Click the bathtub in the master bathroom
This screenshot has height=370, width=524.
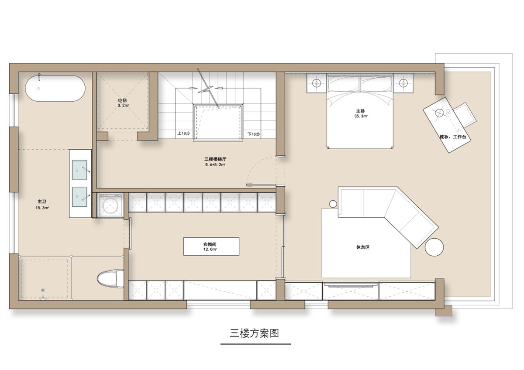[x=55, y=88]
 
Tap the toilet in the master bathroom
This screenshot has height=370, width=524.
[x=110, y=279]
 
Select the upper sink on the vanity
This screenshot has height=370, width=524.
[x=79, y=170]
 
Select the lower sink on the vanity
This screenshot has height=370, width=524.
[x=79, y=197]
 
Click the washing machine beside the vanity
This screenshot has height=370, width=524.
[x=110, y=206]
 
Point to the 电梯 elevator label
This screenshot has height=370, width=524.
[x=122, y=100]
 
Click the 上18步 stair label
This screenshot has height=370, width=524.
[x=184, y=133]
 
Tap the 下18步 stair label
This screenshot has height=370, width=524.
[x=254, y=134]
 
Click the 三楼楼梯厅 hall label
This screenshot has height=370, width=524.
[x=215, y=159]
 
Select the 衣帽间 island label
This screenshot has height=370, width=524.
[x=210, y=244]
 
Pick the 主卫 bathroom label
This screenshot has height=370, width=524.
[x=42, y=202]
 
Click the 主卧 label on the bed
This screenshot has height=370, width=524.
[x=361, y=111]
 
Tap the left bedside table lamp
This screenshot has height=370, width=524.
[x=317, y=83]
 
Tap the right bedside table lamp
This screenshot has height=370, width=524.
[x=403, y=83]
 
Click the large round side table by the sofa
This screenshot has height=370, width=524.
[x=434, y=247]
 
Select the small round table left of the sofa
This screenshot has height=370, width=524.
[x=333, y=204]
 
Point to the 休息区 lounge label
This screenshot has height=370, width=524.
[x=363, y=247]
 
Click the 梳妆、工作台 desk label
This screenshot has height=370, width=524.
[x=453, y=137]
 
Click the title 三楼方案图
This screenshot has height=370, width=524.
[x=254, y=333]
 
